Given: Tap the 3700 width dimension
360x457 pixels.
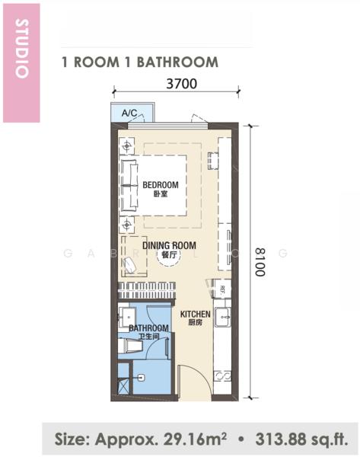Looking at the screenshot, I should tap(181, 84).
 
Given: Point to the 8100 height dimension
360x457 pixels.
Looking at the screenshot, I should tap(260, 261).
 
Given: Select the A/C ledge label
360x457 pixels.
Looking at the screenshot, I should tap(129, 113).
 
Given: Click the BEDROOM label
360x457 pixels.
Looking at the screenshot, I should tap(161, 185).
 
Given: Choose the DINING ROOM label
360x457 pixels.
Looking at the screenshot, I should tap(169, 245).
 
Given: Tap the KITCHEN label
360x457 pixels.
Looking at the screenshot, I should tap(195, 314).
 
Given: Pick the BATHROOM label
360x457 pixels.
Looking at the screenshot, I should tap(143, 328).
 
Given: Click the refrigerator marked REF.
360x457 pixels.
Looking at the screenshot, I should tap(221, 289).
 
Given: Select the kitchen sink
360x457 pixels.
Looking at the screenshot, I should tap(224, 313).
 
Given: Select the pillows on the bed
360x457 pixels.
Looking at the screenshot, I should tap(128, 184).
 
